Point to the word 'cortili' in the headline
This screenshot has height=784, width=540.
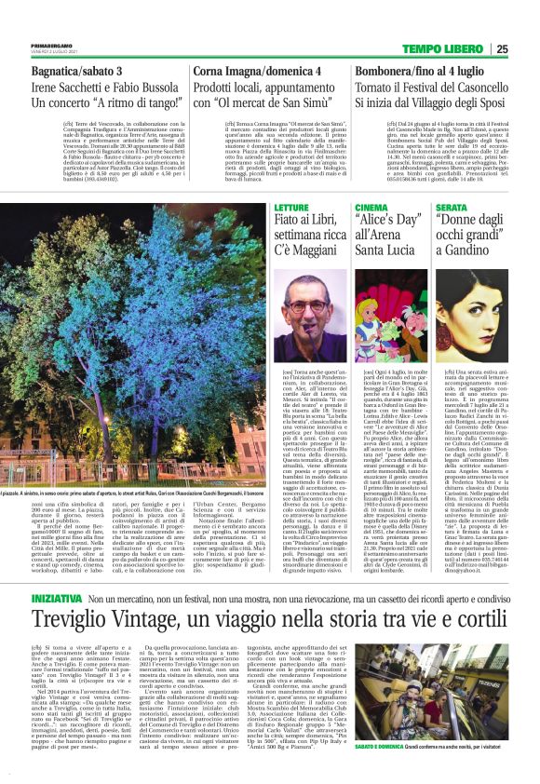coord(488,570)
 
